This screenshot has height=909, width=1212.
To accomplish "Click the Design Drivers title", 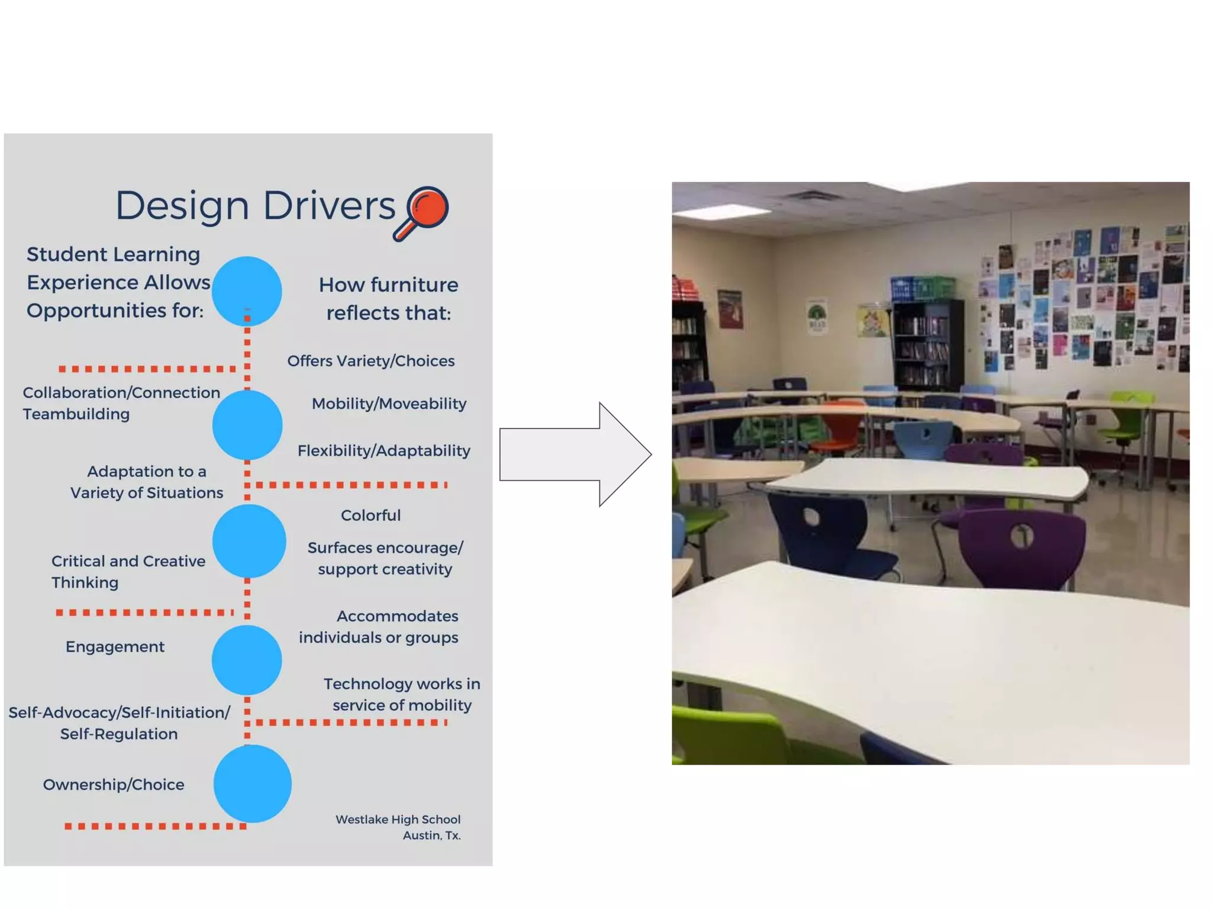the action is click(255, 207).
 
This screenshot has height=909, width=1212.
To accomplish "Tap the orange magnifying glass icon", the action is click(423, 212).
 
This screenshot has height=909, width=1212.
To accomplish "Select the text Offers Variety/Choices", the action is click(371, 361).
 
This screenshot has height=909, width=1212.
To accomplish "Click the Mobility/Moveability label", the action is click(389, 404).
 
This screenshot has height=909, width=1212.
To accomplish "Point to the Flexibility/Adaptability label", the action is click(383, 451).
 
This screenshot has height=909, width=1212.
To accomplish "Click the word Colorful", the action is click(370, 515).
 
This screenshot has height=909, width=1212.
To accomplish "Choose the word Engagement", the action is click(115, 647).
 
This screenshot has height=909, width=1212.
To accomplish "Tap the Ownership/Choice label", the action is click(114, 785).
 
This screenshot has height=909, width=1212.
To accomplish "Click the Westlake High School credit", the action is click(398, 820).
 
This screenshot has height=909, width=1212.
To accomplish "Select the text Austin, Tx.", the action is click(431, 836).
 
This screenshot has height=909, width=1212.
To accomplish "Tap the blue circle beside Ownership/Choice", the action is click(252, 784).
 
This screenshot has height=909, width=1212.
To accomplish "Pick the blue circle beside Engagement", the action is click(247, 660).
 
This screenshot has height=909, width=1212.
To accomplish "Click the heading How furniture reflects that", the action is click(388, 299).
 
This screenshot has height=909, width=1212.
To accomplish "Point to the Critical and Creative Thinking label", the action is click(128, 572).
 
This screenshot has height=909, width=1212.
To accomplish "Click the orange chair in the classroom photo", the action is click(843, 425).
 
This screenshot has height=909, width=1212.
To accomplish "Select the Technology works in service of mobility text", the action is click(402, 695).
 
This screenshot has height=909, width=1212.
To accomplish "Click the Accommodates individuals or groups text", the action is click(379, 627).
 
